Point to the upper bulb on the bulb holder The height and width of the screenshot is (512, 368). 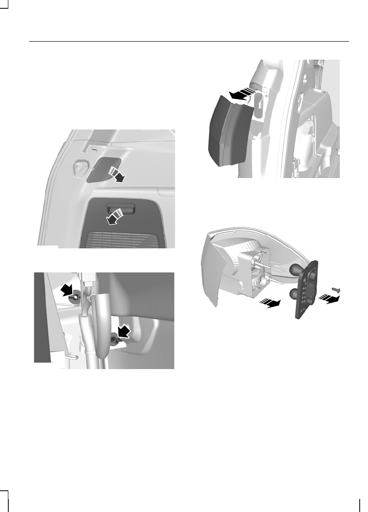(x=295, y=269)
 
